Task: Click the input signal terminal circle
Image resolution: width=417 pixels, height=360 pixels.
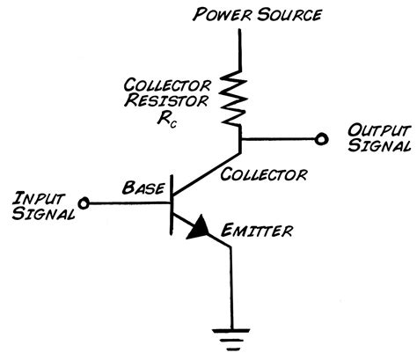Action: click(x=84, y=203)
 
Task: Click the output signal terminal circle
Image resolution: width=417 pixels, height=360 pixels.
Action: click(x=322, y=137)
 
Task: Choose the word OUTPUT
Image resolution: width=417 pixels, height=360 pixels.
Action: click(x=375, y=129)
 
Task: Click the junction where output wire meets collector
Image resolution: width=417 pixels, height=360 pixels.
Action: click(x=239, y=137)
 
